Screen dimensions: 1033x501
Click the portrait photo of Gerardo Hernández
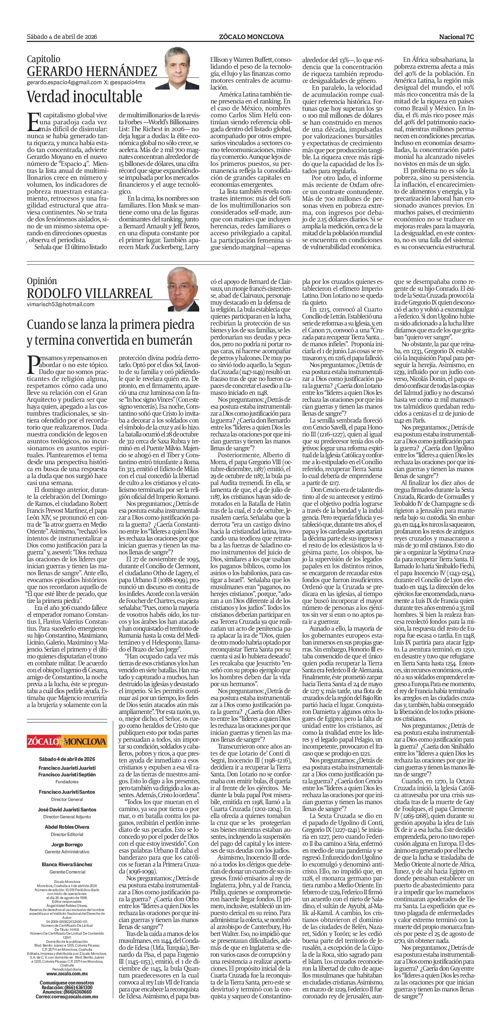click(182, 67)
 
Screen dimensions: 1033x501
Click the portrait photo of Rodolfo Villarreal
click(183, 289)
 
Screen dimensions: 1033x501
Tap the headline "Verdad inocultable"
click(84, 96)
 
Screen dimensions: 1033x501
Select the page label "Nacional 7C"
click(456, 37)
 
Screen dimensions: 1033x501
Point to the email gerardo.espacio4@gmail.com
click(64, 82)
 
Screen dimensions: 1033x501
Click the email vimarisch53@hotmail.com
click(61, 304)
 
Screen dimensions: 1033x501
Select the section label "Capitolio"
click(43, 59)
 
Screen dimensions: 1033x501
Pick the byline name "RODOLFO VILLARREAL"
click(90, 293)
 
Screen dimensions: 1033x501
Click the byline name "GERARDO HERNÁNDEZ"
click(92, 71)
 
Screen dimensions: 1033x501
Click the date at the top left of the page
click(62, 37)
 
